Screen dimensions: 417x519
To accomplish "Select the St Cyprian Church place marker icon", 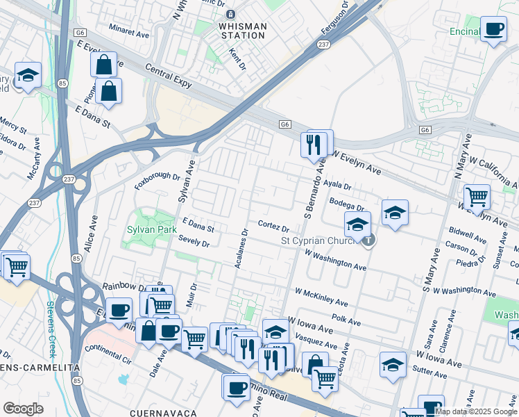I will [368, 241].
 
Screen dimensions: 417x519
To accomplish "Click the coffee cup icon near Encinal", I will [493, 29].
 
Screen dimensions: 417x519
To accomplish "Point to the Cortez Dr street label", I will [273, 227].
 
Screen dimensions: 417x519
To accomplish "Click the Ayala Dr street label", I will [338, 186].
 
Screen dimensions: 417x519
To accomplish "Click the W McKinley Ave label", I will [321, 297].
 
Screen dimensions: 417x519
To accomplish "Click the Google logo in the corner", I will [23, 409].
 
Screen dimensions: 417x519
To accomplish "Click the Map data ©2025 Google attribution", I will [476, 411].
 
